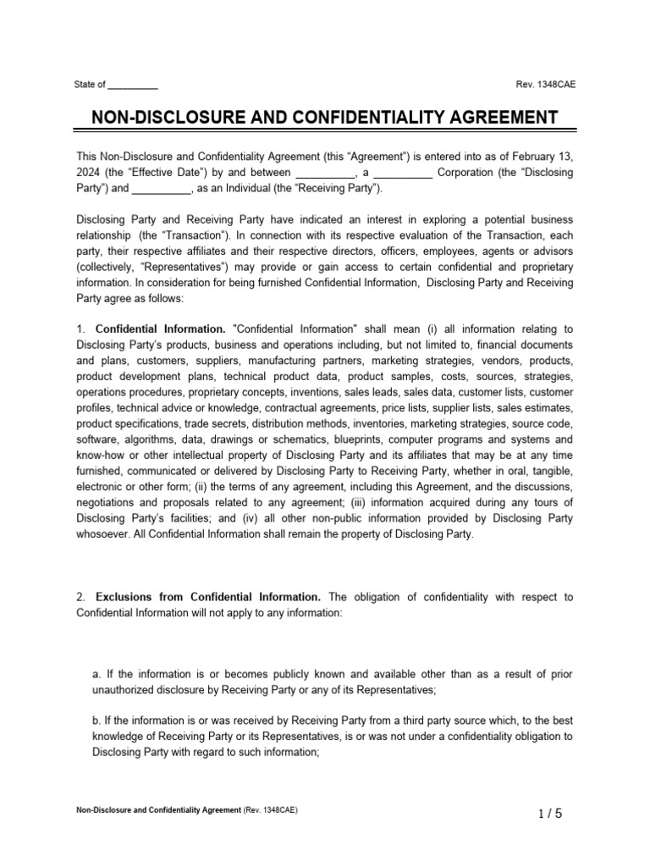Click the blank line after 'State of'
(x=133, y=85)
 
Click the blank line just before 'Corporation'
(x=403, y=173)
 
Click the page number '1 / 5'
(x=549, y=814)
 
